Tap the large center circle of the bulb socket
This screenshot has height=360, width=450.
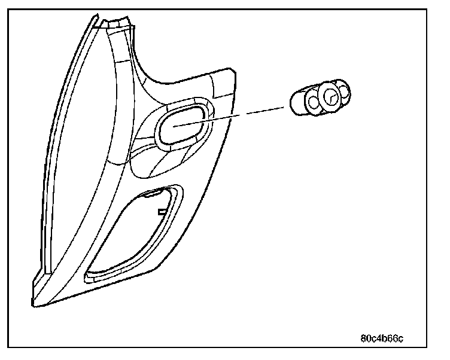pyautogui.click(x=330, y=95)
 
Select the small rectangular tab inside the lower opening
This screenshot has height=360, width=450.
pyautogui.click(x=161, y=211)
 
